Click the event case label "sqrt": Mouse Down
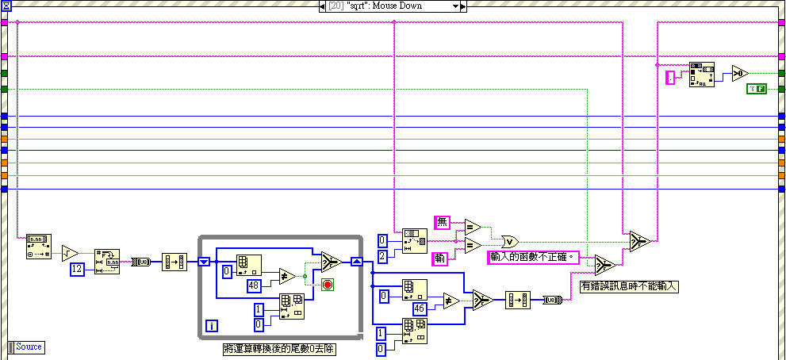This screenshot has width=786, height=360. point(386,6)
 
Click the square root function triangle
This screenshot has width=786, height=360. point(70,253)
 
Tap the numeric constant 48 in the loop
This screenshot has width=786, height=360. point(254,285)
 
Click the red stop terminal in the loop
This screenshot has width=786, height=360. point(327,284)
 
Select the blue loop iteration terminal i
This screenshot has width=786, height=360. point(212,325)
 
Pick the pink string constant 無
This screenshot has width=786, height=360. point(442,222)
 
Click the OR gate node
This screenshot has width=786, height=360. point(510,240)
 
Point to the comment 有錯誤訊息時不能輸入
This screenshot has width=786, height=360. point(630,286)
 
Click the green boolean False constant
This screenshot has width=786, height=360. point(756,89)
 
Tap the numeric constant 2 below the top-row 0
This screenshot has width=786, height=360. point(382,255)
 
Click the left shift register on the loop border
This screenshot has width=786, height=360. point(204,261)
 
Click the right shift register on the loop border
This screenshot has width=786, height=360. point(356,261)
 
